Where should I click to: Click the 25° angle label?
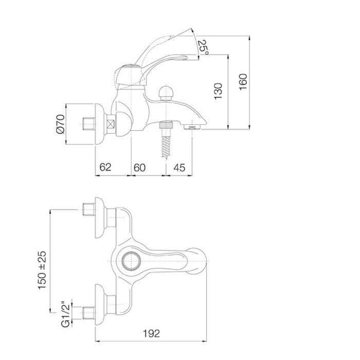pos(204,47)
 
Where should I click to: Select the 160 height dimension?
pos(243,82)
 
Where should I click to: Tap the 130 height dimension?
pos(219,92)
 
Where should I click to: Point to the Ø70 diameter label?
pos(61,124)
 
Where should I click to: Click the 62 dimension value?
pos(105,167)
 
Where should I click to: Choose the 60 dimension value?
pos(139,168)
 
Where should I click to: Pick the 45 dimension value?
pos(179,168)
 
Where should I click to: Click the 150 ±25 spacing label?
pos(42,270)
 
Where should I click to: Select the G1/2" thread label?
pos(66,313)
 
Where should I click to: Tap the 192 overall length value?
pos(151,334)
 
